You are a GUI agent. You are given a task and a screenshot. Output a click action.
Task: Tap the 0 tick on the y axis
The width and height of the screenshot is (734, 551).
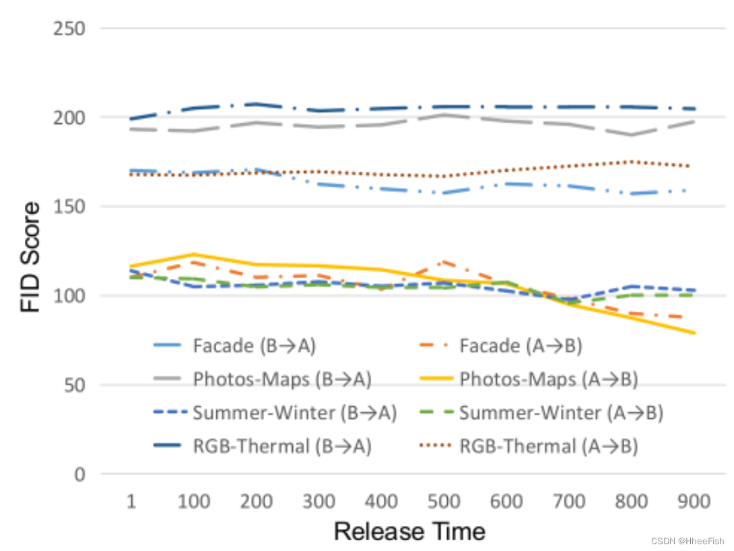pos(79,474)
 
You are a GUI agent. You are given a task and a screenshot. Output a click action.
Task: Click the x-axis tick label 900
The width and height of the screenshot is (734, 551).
pos(694,501)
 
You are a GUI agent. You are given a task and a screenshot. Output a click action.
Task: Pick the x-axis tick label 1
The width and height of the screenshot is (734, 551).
pos(131,501)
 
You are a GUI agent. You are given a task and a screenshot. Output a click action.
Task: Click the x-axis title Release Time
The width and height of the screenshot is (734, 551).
pos(409,531)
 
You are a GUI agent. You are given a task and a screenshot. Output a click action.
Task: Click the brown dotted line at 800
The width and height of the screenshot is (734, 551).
pos(632,162)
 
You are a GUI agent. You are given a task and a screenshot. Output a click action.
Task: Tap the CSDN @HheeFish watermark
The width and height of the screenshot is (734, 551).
pos(691,541)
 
